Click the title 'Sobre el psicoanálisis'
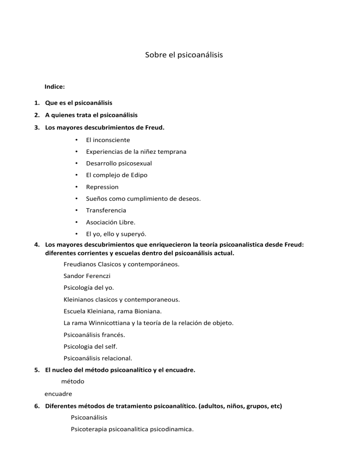point(184,55)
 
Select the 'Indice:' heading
point(54,87)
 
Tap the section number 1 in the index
point(37,103)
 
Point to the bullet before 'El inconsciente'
point(76,140)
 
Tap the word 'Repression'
point(102,187)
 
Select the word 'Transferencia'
point(106,210)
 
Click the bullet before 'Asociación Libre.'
point(76,222)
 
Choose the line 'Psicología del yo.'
point(89,288)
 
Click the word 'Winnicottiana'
point(105,323)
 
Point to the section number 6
point(37,406)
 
